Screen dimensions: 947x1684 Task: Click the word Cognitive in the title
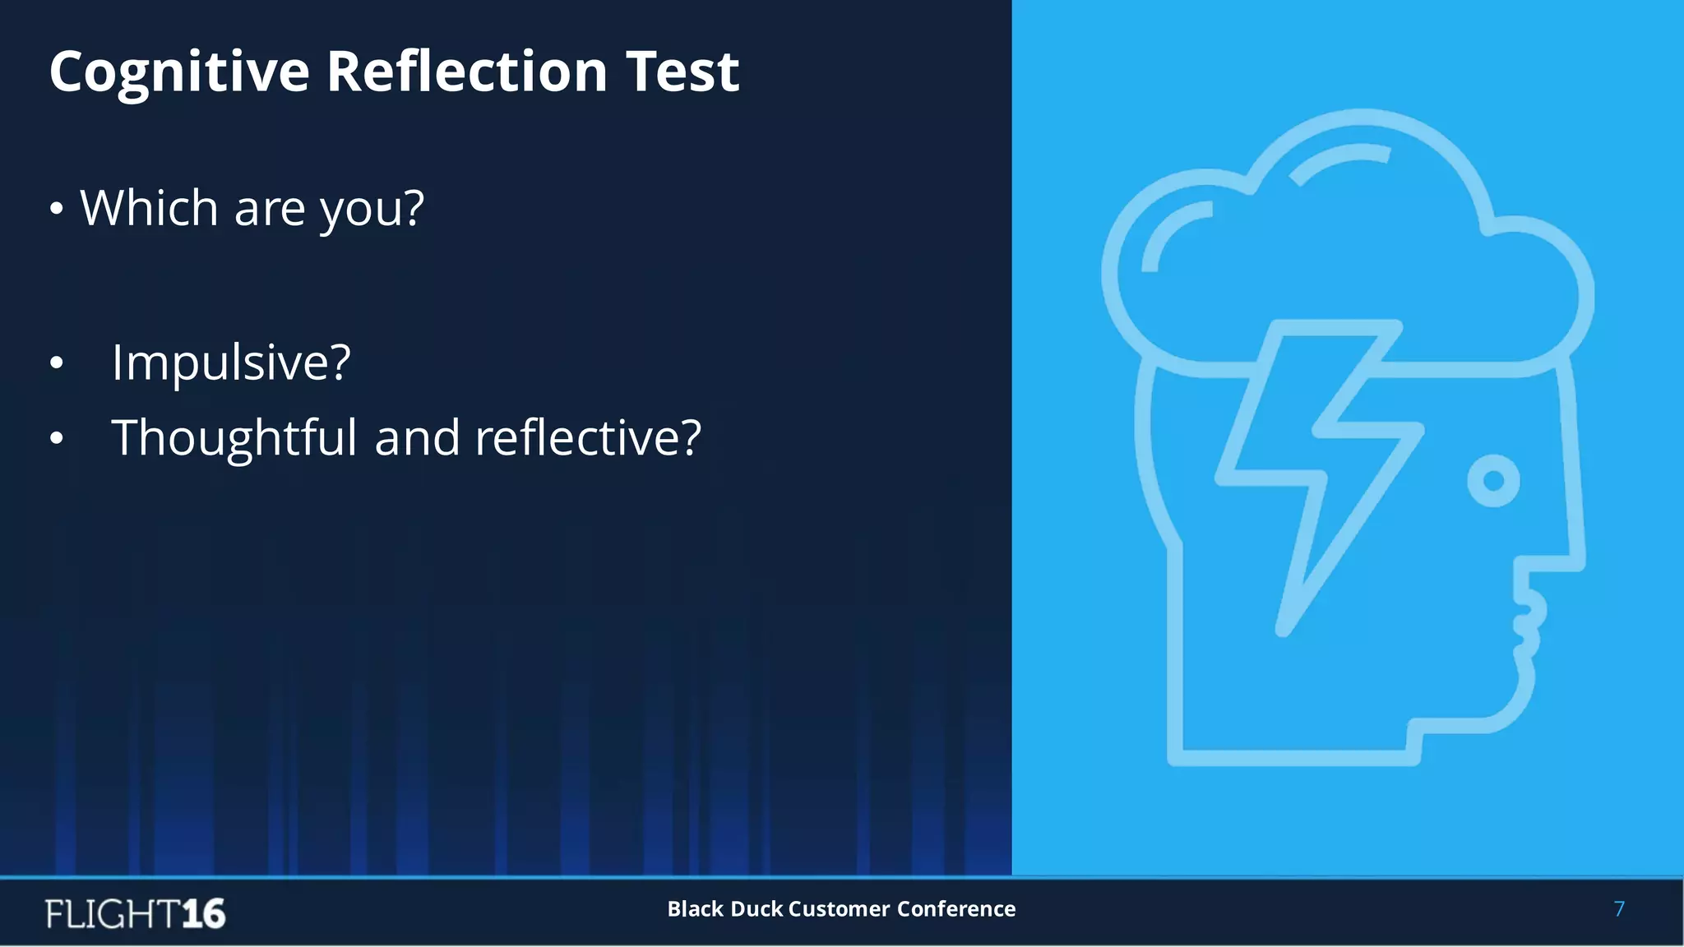pos(178,72)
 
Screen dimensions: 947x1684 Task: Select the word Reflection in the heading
pos(467,71)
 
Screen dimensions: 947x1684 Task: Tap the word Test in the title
pos(682,71)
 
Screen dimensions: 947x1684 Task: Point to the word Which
pos(149,207)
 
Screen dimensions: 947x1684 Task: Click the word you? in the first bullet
pos(372,209)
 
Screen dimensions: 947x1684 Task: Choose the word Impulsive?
pos(231,363)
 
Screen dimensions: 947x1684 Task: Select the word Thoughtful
pos(234,437)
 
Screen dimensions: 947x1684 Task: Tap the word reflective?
pos(588,437)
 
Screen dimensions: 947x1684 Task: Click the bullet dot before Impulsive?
pos(56,363)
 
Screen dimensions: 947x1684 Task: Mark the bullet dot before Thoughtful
pos(56,437)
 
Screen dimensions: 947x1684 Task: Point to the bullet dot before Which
pos(56,209)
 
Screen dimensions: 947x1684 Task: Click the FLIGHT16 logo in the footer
pos(136,913)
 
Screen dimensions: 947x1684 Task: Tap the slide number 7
pos(1619,908)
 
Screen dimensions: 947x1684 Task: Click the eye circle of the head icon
pos(1493,480)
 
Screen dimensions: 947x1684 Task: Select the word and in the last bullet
pos(416,437)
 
